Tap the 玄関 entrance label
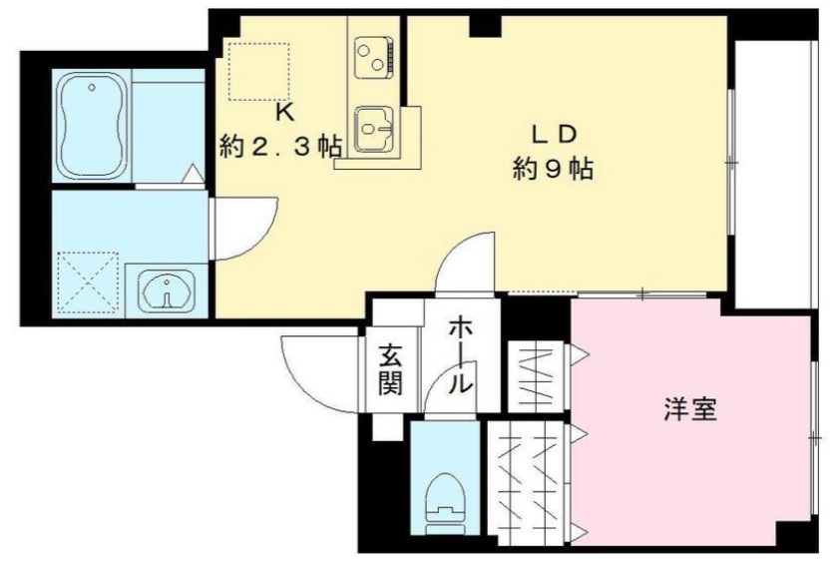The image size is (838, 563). click(390, 368)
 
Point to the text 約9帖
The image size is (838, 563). click(554, 169)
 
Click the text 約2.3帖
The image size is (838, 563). click(280, 147)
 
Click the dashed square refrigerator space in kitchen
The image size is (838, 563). click(259, 70)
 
